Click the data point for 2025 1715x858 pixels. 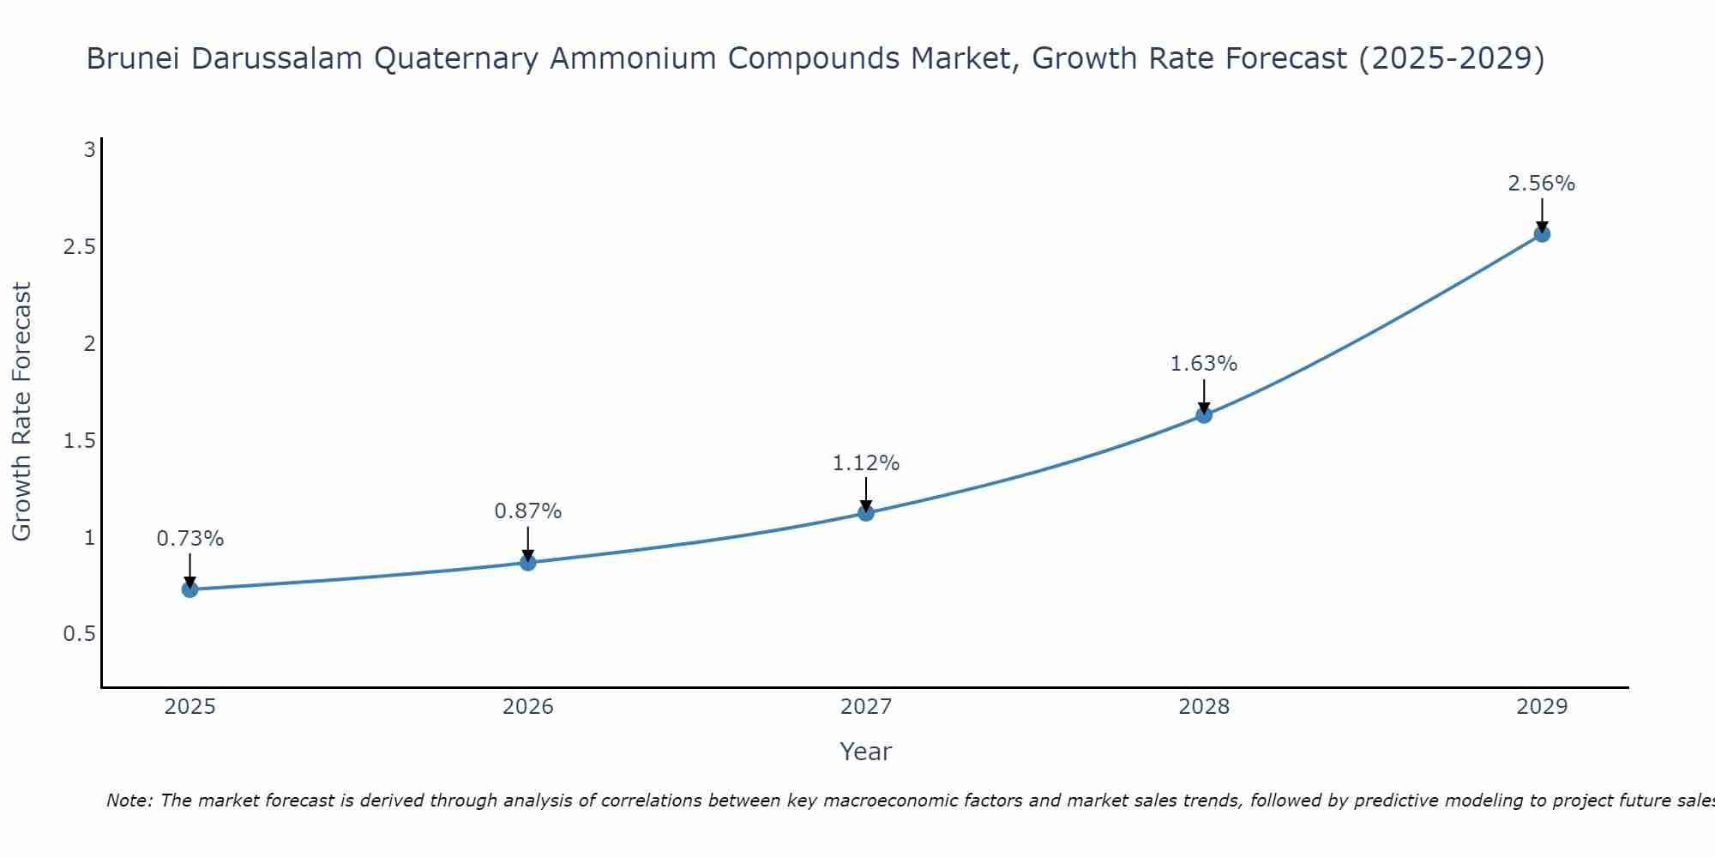pos(190,589)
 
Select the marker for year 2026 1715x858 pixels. pos(527,563)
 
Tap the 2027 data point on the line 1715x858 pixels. pos(866,513)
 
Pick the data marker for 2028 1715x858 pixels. pos(1204,415)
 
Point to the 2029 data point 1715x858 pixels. pos(1542,234)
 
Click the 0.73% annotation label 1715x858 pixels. pos(190,539)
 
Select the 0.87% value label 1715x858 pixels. pos(527,511)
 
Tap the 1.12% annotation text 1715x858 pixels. pos(866,463)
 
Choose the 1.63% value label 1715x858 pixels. pos(1204,364)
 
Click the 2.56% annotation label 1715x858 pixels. pos(1542,184)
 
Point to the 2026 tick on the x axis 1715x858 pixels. pos(527,707)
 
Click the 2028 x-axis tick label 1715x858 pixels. pos(1204,707)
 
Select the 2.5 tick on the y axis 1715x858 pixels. pos(79,247)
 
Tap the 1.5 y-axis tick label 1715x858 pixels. pos(79,441)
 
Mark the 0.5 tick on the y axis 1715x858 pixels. pos(79,634)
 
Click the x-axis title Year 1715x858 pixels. pos(866,752)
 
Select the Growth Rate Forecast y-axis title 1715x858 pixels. pos(22,412)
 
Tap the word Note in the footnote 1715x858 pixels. pos(129,801)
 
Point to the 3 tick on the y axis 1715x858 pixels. pos(89,150)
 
